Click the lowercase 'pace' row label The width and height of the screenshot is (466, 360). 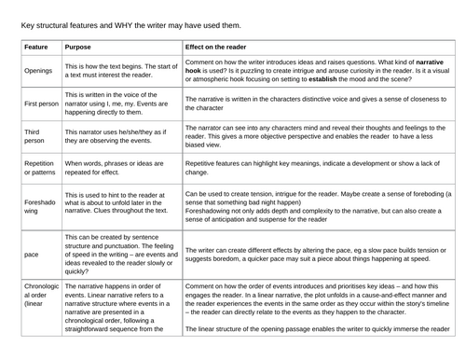click(x=31, y=254)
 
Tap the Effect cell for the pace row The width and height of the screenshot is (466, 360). click(x=317, y=254)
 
